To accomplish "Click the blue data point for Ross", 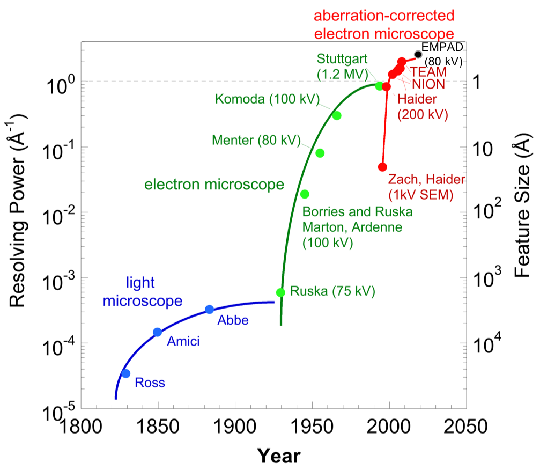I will click(126, 373).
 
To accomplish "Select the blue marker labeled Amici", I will click(158, 332).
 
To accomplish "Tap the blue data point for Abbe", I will click(210, 310).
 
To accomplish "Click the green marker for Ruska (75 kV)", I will click(280, 292).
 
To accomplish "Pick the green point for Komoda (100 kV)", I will click(337, 115).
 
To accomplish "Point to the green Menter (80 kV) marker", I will click(320, 153).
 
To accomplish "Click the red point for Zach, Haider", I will click(382, 167).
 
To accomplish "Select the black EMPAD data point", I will click(418, 54).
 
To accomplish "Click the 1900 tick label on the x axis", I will click(233, 427).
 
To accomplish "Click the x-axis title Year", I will click(278, 456).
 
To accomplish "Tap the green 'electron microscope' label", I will click(214, 185).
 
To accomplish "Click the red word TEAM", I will click(428, 72).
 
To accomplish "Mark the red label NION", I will click(428, 84).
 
